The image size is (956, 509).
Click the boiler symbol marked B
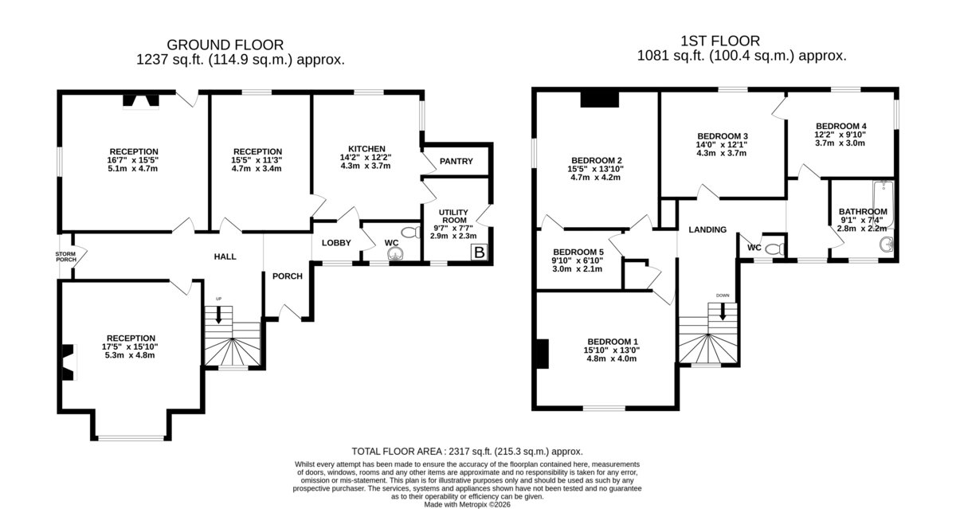[480, 253]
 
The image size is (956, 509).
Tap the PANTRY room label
[456, 161]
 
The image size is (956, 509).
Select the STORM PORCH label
[65, 256]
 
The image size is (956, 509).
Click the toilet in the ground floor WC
[411, 233]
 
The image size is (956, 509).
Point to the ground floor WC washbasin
[396, 254]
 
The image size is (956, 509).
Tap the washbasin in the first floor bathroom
[886, 245]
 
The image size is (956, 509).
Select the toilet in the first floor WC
[774, 249]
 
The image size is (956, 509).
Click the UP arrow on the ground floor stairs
[219, 315]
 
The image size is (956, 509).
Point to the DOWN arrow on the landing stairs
[723, 311]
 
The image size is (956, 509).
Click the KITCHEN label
[366, 148]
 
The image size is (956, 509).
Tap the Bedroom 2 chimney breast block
[599, 100]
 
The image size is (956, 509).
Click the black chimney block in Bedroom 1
[542, 353]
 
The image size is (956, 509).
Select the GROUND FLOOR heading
[225, 45]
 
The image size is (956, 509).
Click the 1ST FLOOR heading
[720, 41]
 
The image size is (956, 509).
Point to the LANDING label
[707, 229]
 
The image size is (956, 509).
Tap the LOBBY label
[336, 243]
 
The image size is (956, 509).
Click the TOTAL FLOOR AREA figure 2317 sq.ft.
[468, 452]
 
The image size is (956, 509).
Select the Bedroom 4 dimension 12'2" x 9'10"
[840, 135]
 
